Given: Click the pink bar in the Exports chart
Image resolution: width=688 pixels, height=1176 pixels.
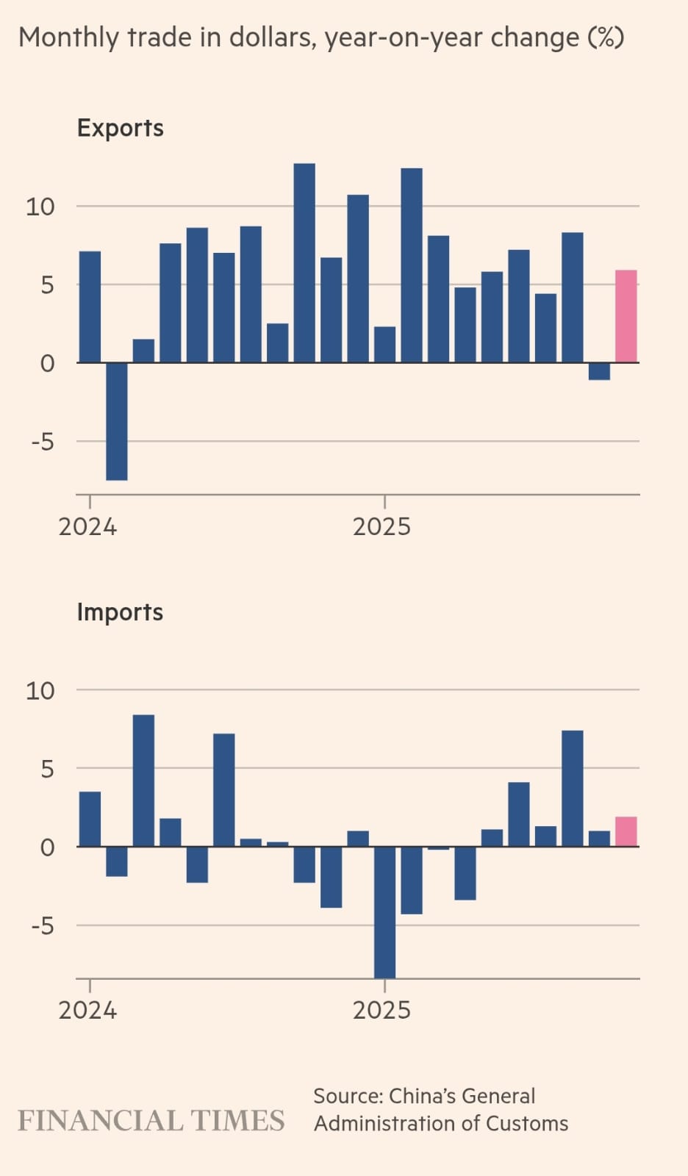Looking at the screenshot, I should (626, 317).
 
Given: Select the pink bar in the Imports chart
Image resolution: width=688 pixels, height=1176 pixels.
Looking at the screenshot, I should (626, 832).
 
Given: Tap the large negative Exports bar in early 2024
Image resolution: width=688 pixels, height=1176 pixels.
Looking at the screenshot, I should (116, 421).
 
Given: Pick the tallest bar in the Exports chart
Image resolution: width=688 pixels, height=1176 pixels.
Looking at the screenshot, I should (304, 262).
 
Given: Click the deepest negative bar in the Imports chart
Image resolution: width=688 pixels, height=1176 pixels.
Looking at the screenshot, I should (384, 912).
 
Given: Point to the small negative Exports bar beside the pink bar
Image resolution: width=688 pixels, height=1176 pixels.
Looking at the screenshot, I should (599, 371).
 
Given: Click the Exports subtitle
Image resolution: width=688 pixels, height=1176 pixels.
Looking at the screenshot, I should (121, 128).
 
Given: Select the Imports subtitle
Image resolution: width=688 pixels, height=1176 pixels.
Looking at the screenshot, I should (120, 612).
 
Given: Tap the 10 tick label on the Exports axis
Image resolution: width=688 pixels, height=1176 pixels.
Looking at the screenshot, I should (40, 207).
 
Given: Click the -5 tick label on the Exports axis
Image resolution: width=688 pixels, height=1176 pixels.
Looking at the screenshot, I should (43, 442).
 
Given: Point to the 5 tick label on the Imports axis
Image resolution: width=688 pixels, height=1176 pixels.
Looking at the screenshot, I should (47, 769).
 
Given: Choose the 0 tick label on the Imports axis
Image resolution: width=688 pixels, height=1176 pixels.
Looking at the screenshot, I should (47, 847).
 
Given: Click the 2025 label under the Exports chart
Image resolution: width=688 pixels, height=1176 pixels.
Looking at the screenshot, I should (381, 526).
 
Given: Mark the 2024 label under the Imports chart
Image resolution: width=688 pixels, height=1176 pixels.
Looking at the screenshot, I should (87, 1010).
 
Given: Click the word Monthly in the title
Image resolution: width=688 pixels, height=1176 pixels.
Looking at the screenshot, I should (68, 37).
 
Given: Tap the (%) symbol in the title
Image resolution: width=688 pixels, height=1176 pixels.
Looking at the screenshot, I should (606, 37).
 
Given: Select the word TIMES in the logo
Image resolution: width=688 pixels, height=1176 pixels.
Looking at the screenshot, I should (237, 1121).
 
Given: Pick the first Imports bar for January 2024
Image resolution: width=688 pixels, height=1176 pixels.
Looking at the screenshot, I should (90, 819).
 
